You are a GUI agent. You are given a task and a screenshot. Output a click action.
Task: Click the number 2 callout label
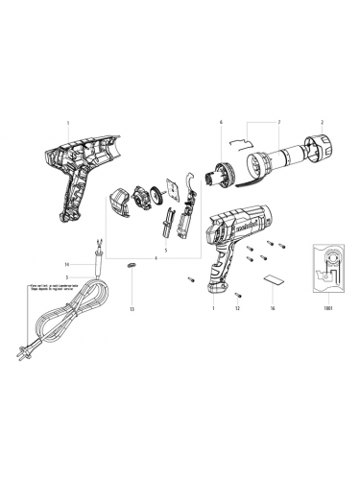(x=322, y=124)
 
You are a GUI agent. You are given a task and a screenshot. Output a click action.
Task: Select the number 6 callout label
(x=220, y=124)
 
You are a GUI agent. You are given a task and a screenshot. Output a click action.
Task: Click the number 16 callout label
(x=272, y=309)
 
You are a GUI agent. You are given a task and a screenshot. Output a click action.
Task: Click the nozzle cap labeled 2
(x=317, y=152)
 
